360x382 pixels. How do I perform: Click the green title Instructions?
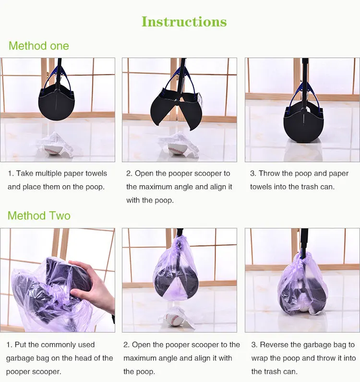tap(184, 22)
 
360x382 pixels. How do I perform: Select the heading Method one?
tap(39, 46)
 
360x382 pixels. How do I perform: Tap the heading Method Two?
tap(39, 215)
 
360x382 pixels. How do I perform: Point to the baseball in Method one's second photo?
tap(176, 149)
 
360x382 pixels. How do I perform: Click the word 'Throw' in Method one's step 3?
tap(269, 173)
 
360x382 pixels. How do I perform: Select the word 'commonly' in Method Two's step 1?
tap(57, 345)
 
